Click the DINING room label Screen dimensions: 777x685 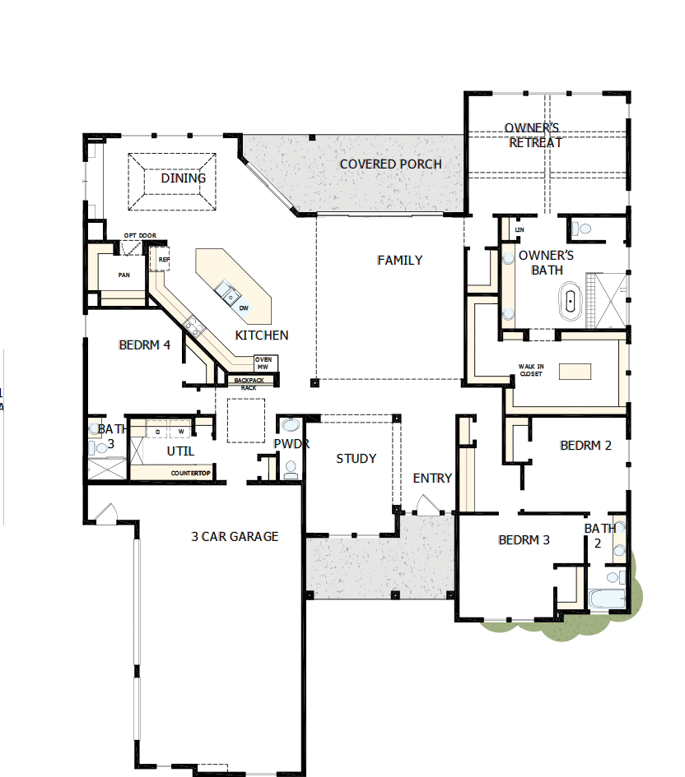coord(183,178)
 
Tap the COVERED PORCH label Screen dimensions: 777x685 coord(390,164)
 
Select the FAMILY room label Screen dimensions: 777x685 coord(399,261)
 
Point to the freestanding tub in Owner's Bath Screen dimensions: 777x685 coord(569,300)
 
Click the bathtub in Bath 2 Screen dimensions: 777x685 coord(608,599)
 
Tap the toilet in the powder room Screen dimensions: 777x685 coord(290,469)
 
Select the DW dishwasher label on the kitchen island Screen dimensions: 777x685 coord(244,308)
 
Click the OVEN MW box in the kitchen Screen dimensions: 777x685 coord(264,363)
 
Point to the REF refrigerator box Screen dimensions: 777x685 coord(163,260)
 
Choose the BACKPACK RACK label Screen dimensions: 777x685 coord(249,383)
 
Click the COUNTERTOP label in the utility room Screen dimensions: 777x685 coord(191,474)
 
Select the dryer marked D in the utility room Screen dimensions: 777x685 coord(157,431)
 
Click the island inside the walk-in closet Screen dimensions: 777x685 coord(575,372)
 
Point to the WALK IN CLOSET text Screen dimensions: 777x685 coord(530,370)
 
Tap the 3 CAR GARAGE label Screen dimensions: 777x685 coord(235,537)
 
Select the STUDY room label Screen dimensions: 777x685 coord(356,459)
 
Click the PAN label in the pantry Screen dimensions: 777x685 coord(123,275)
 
